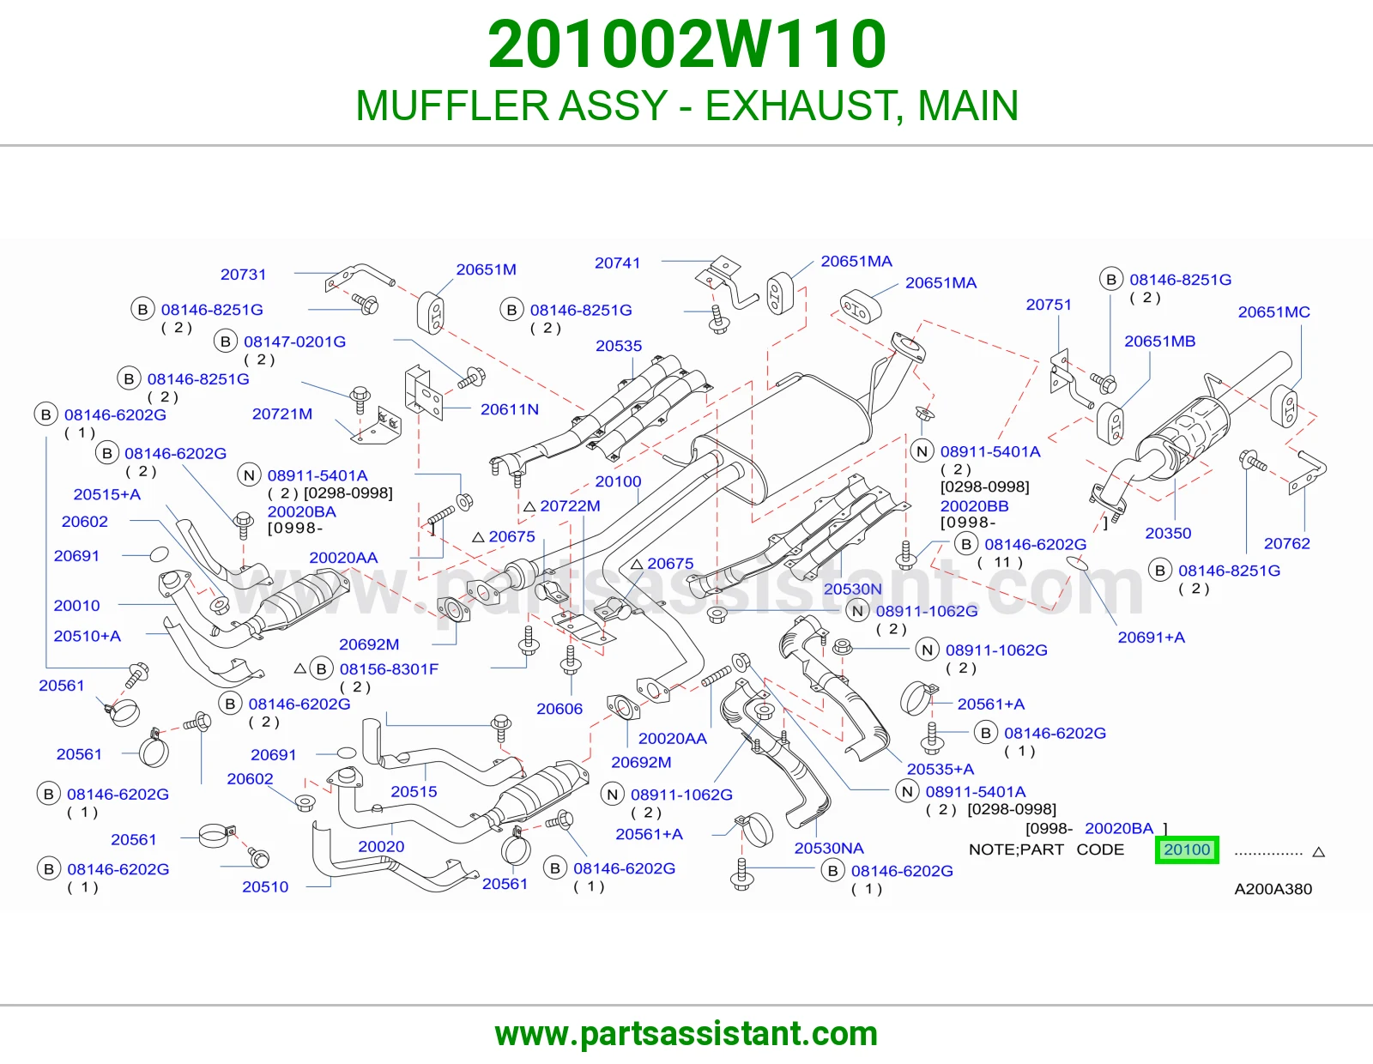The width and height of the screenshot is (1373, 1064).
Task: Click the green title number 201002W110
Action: [x=686, y=45]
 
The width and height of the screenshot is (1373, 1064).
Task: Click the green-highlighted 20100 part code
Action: [x=1187, y=849]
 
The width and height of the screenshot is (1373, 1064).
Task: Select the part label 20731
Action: [x=243, y=275]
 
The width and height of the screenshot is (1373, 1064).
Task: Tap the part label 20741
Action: [x=617, y=263]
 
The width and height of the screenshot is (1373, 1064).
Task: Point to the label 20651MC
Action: [x=1273, y=312]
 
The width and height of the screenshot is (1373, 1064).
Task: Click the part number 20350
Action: [x=1168, y=533]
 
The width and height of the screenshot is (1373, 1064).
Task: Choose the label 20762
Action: [x=1286, y=543]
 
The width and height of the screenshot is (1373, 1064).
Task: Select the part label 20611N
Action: [x=509, y=409]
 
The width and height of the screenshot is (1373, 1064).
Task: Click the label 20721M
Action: [x=281, y=414]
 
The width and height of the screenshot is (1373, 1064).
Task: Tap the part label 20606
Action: [x=559, y=709]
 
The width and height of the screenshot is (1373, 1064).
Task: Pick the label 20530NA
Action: [x=828, y=848]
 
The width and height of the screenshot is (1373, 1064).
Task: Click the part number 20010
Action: [x=76, y=605]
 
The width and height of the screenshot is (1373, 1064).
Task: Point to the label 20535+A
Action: [x=941, y=769]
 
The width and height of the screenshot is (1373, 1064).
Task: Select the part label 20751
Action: [x=1049, y=305]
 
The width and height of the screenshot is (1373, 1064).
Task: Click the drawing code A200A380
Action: [x=1273, y=889]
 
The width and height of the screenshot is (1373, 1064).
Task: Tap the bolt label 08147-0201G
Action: [x=294, y=342]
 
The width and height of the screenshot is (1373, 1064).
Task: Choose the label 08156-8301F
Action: [x=389, y=669]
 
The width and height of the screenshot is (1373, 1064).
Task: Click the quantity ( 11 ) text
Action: [x=1000, y=562]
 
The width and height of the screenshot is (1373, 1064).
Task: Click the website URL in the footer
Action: [x=686, y=1034]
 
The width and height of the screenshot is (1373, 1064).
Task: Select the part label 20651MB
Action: [x=1159, y=342]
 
